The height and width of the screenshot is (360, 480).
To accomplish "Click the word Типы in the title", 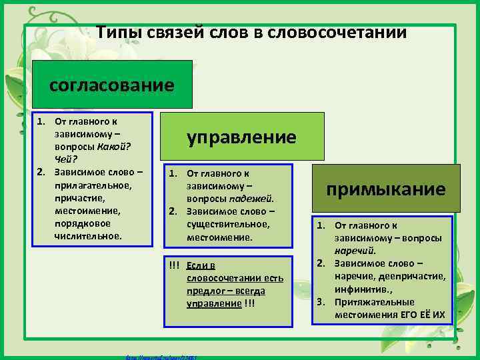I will click(116, 33).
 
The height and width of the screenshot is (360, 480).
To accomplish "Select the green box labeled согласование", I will click(112, 85).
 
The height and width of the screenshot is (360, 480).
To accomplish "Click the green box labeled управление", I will click(241, 137).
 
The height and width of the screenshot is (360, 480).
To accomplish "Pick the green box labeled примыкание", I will click(385, 189).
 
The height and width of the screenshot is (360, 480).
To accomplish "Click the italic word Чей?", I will click(67, 158).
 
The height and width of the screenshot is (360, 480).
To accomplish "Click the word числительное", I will click(88, 235).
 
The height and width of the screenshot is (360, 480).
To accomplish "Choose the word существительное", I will click(228, 225).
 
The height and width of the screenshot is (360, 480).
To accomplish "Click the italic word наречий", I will click(355, 251).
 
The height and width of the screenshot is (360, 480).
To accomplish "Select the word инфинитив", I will click(363, 289).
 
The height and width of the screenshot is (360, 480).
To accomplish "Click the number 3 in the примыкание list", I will click(320, 301).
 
